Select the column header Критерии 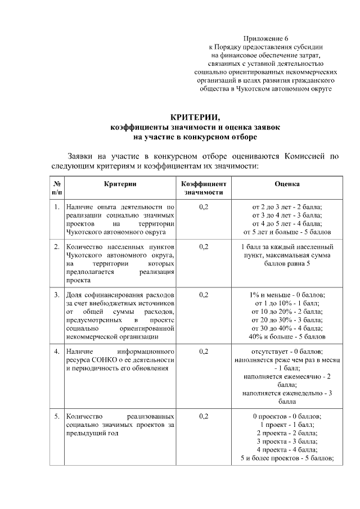coord(120,184)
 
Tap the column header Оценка coord(287,184)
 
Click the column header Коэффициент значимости coord(203,188)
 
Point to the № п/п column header coord(57,188)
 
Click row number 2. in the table coord(57,247)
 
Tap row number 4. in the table coord(57,352)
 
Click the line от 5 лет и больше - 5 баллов coord(287,232)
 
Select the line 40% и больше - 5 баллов coord(287,337)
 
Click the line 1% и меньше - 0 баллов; coord(287,295)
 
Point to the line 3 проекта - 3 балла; coord(287,442)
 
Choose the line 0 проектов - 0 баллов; coord(287,417)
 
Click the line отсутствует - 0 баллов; coord(287,352)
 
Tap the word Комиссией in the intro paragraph coord(307,156)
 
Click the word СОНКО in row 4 coord(101,360)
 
